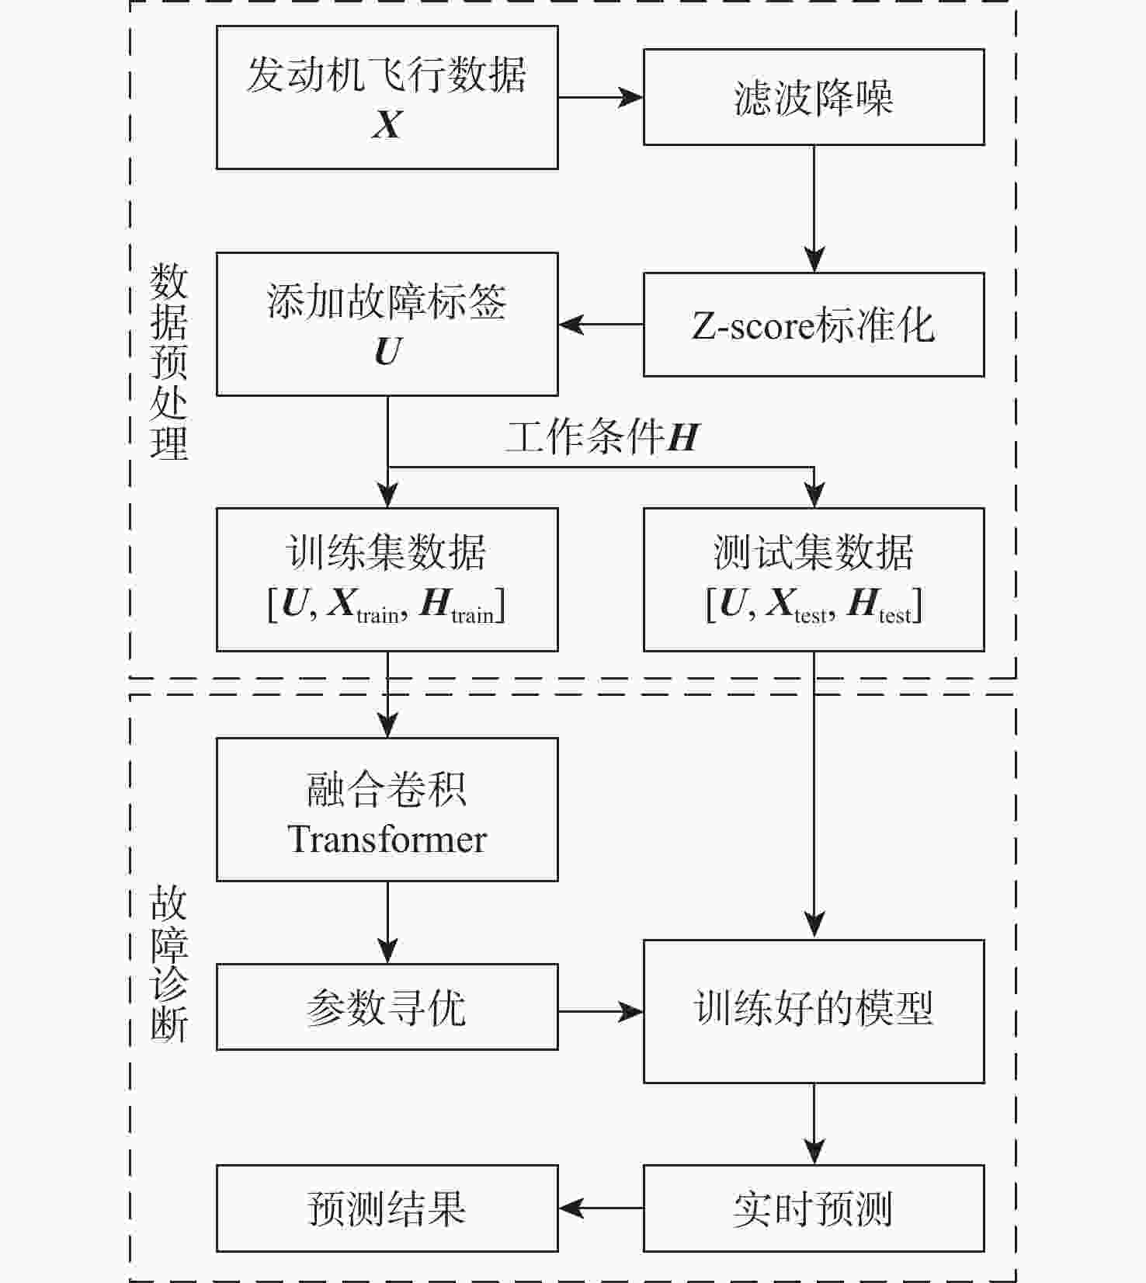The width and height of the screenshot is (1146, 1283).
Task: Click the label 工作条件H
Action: click(x=603, y=436)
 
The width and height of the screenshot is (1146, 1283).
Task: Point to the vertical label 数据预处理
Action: click(x=169, y=361)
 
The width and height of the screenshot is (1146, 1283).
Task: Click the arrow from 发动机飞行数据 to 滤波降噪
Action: click(x=601, y=97)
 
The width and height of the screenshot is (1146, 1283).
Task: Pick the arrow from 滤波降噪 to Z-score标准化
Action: click(x=814, y=209)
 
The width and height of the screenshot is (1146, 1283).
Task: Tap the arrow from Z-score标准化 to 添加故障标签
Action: click(x=601, y=325)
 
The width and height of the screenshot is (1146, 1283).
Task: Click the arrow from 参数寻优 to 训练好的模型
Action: click(x=601, y=1011)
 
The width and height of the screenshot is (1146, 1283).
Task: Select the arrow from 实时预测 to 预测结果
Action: click(x=601, y=1208)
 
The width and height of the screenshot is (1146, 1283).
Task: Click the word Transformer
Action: click(x=387, y=840)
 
